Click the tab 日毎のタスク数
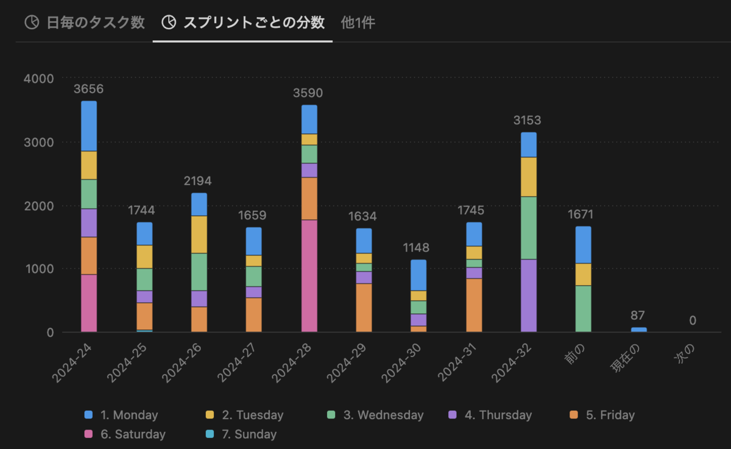(85, 23)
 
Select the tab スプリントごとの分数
(243, 23)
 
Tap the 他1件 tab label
(358, 23)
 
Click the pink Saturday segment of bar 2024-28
(309, 275)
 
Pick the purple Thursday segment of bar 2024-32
(529, 295)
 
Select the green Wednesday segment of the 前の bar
(583, 308)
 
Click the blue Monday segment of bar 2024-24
(89, 126)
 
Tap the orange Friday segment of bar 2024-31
(474, 305)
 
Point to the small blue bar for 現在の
(638, 330)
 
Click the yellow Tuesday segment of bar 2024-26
(199, 235)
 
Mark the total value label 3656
(89, 89)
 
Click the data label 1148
(418, 248)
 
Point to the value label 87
(638, 316)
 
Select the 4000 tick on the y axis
(39, 79)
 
